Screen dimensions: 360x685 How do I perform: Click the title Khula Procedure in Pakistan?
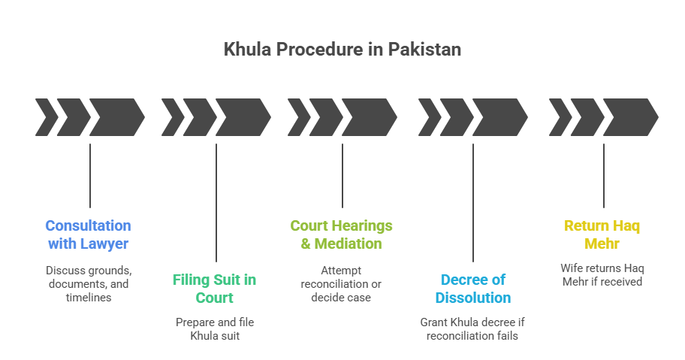342,50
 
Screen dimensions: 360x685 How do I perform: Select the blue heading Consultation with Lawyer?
89,234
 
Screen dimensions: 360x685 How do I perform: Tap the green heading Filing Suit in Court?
215,289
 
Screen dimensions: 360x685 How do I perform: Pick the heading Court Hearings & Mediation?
342,234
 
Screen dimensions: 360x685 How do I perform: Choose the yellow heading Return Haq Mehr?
603,234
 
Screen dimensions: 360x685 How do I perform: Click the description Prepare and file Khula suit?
215,328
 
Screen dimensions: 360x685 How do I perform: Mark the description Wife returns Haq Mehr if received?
603,274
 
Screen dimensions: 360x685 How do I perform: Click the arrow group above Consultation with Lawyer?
90,116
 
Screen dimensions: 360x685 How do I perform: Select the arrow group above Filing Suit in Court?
216,116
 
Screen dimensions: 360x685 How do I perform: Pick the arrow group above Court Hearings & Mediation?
342,116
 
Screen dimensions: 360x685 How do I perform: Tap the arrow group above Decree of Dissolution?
473,116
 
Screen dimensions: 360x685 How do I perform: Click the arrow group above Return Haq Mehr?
604,116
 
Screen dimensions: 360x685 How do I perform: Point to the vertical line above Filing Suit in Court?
216,203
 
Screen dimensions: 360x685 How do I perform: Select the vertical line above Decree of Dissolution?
473,203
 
